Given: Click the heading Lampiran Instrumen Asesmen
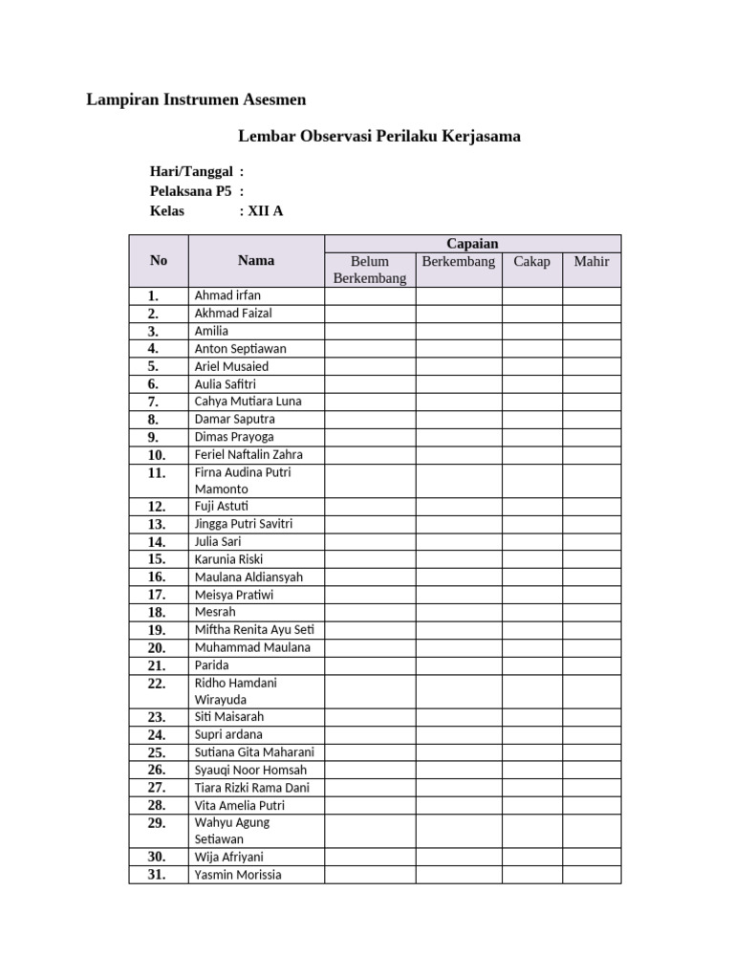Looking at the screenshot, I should point(196,99).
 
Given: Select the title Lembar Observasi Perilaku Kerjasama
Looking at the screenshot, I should point(378,136).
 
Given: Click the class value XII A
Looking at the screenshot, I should point(265,211).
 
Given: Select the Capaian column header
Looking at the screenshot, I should point(472,244).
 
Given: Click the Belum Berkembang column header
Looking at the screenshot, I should point(369,270).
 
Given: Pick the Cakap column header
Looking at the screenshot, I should point(531,261).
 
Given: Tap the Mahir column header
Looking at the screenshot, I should point(591,261).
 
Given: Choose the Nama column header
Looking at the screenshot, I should point(255,260).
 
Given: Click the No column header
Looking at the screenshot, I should point(159,260).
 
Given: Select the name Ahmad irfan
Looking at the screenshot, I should point(227,295).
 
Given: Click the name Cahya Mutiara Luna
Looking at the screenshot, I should point(248,402).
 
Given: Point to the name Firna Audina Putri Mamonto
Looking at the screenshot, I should point(243,480).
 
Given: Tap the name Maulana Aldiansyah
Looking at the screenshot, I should point(248,577).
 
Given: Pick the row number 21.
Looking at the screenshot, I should point(157,665).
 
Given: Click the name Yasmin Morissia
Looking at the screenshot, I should point(238,875).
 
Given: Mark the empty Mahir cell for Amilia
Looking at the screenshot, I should point(591,331).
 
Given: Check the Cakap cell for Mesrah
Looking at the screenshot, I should point(531,612).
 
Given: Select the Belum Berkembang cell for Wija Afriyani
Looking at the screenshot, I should point(369,857).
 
